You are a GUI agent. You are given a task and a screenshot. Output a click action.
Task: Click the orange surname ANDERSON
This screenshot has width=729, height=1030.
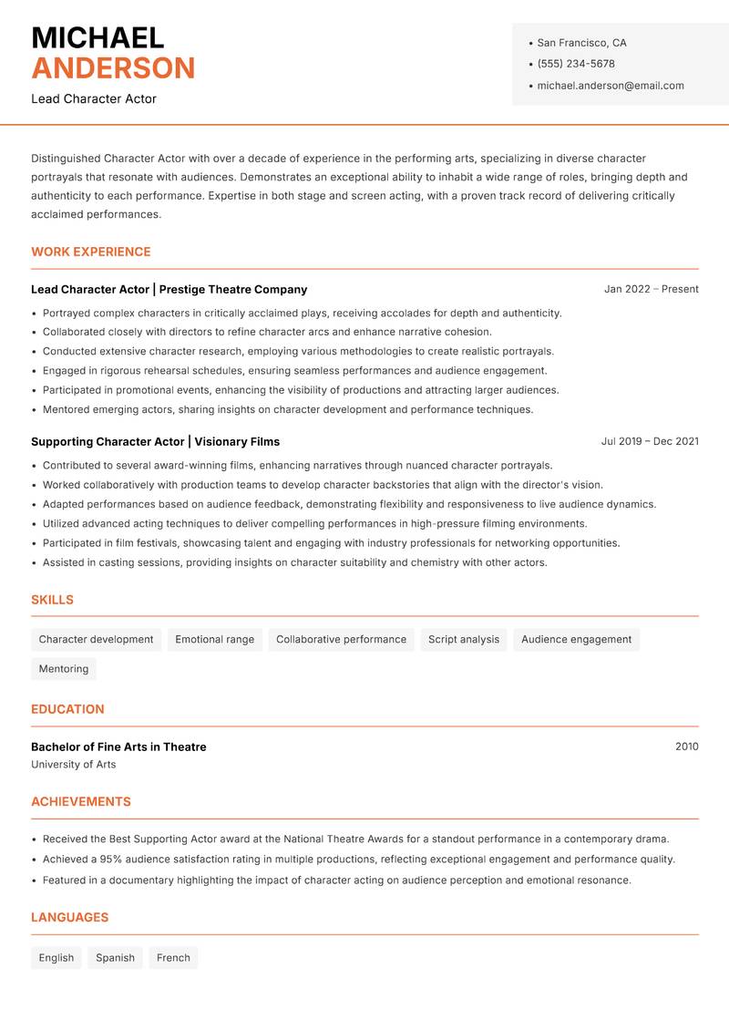[x=113, y=68]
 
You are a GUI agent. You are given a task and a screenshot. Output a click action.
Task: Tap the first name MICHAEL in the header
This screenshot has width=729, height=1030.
[x=98, y=38]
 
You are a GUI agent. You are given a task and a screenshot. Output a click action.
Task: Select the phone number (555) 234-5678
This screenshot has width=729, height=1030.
[x=576, y=64]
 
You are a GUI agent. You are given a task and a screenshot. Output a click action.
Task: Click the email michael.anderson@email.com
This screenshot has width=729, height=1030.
[x=610, y=86]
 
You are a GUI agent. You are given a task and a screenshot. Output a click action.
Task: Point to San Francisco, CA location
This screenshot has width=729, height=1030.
[x=581, y=43]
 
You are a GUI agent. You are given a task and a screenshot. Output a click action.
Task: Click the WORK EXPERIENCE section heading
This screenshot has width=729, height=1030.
[x=91, y=252]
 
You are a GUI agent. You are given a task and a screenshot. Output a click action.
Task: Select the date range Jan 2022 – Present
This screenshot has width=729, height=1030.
[x=651, y=289]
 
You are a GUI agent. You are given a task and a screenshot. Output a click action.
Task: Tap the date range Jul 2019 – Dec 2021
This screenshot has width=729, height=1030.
[x=650, y=441]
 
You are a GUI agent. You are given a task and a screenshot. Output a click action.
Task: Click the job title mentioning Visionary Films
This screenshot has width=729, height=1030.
[x=155, y=441]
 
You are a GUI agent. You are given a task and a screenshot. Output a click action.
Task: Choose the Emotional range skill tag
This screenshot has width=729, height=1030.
[x=214, y=639]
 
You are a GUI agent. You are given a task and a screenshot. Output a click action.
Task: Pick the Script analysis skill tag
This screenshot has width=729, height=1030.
[x=463, y=639]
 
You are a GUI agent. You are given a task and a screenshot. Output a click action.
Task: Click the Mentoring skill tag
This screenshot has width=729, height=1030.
[x=63, y=668]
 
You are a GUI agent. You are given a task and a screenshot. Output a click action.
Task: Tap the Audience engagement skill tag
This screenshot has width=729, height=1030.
[x=576, y=639]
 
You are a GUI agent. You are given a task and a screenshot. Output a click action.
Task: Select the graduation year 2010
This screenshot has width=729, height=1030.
[x=686, y=747]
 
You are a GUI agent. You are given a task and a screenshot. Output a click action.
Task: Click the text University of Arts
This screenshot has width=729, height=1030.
[x=73, y=765]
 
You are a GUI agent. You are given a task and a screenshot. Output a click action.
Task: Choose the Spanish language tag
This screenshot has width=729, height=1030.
[x=115, y=958]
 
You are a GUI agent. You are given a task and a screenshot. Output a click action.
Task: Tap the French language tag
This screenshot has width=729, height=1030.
[x=173, y=958]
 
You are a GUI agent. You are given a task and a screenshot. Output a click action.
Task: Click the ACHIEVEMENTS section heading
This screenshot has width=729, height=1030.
[x=81, y=802]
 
